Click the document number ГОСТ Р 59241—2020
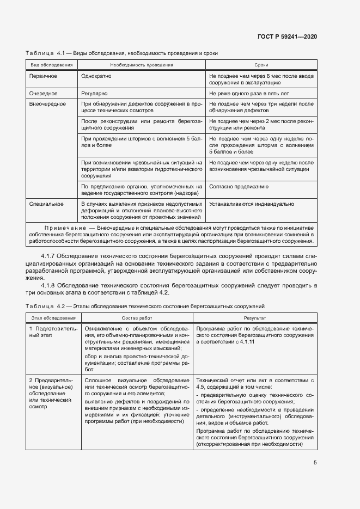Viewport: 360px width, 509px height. point(287,37)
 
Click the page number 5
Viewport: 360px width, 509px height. point(315,463)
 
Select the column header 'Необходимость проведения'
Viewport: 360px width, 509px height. point(142,65)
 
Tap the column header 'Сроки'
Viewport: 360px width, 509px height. point(261,65)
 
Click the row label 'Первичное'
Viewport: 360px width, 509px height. point(44,76)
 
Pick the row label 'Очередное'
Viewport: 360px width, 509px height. point(44,94)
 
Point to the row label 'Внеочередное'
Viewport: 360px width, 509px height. point(47,103)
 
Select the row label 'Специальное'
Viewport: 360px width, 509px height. point(46,204)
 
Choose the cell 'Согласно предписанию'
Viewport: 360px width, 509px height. point(239,186)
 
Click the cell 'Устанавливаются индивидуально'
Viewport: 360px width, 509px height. point(252,204)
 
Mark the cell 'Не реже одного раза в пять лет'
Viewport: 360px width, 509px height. point(249,94)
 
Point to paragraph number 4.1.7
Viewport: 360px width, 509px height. point(48,256)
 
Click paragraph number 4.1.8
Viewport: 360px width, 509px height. point(48,285)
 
